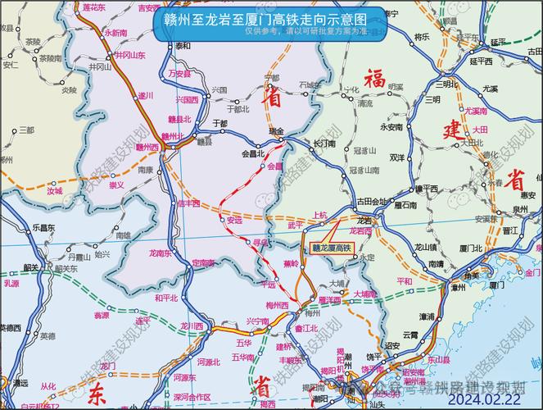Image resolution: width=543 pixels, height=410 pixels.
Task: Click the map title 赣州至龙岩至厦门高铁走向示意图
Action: click(x=271, y=18)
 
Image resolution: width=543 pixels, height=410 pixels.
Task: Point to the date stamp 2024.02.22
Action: click(x=485, y=399)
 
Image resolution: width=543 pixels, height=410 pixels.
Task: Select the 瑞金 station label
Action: click(x=275, y=131)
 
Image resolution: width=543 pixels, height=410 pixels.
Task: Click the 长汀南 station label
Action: click(x=324, y=143)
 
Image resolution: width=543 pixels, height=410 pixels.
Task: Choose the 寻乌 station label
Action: click(x=260, y=243)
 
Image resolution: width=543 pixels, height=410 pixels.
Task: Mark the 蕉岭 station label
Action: click(x=291, y=264)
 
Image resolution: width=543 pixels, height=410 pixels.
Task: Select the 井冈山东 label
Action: click(x=129, y=55)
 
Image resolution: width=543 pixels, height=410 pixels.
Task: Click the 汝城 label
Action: click(x=55, y=190)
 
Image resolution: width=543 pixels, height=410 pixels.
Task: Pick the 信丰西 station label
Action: click(x=189, y=203)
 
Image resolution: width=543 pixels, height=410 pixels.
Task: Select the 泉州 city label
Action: click(x=518, y=210)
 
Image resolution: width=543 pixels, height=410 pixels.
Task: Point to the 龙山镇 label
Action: click(x=424, y=246)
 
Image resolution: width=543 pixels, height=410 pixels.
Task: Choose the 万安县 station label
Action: click(x=179, y=73)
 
